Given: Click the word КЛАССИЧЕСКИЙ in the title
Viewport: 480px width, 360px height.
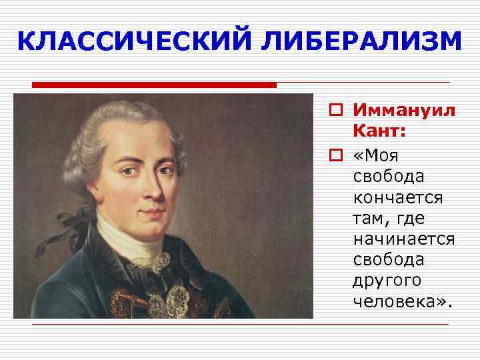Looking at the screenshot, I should point(133,42).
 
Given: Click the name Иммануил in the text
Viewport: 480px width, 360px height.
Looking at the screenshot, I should point(404,111).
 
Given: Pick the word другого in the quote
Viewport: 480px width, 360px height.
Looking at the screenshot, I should point(387,281).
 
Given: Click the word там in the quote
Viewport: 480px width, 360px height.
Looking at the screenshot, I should point(368,218).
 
